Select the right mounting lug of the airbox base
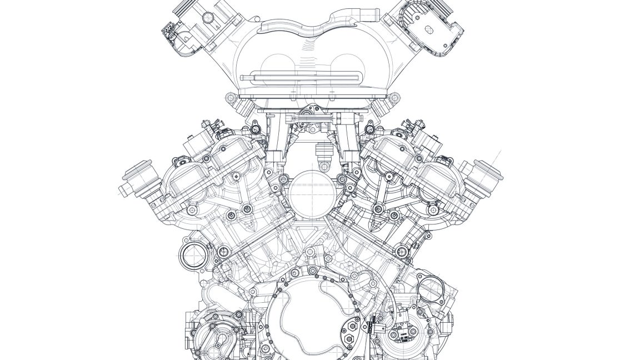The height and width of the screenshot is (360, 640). (394, 99)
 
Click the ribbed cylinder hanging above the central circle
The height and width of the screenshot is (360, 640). (322, 152)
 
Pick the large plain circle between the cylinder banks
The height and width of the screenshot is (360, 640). (308, 193)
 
